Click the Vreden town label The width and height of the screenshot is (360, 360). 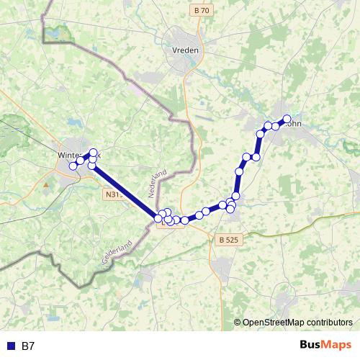(186, 50)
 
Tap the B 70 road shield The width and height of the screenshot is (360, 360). (202, 11)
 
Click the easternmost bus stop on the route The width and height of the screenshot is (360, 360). (287, 118)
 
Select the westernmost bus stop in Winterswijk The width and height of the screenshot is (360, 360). (73, 166)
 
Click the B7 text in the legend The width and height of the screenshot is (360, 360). (28, 346)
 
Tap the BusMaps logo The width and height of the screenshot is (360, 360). (326, 346)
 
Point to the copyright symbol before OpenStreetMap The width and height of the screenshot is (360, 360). (237, 323)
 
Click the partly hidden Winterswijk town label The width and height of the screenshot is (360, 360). (72, 155)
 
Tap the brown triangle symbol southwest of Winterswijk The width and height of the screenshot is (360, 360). (47, 184)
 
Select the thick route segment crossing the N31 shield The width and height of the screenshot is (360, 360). (122, 191)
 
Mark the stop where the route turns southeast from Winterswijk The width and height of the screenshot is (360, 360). (91, 166)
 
